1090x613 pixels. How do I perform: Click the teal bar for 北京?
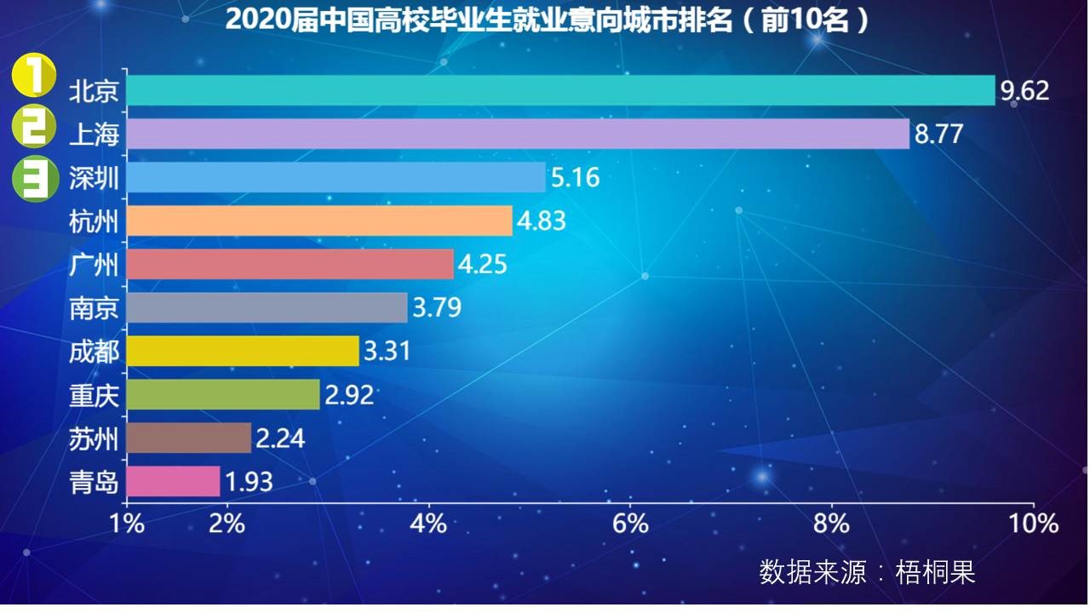tap(560, 90)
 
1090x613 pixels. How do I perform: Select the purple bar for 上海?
tap(518, 134)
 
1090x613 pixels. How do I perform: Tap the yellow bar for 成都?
tap(243, 350)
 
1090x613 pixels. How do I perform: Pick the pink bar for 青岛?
tap(173, 481)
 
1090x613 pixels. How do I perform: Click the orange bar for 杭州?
tap(319, 221)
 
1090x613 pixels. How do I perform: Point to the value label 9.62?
tap(1024, 91)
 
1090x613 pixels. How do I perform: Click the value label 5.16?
tap(576, 178)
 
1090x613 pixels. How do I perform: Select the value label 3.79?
tap(437, 307)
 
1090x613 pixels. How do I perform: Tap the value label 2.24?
tap(280, 438)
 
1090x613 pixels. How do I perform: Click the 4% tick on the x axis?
tap(428, 523)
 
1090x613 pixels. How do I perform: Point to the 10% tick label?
tap(1033, 523)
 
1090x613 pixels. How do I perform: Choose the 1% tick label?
tap(127, 523)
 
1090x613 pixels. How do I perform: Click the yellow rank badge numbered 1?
tap(33, 78)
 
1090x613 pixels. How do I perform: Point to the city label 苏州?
tap(94, 439)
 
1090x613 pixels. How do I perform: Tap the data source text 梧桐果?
tap(935, 571)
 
